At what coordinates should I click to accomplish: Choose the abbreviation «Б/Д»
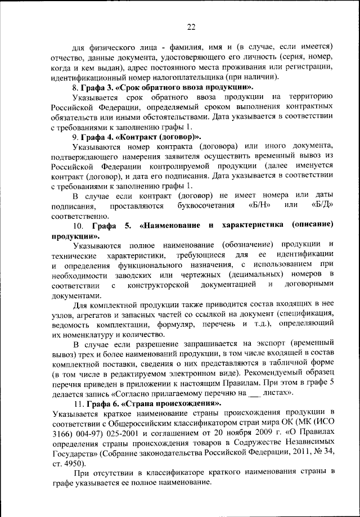[x=323, y=205]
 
